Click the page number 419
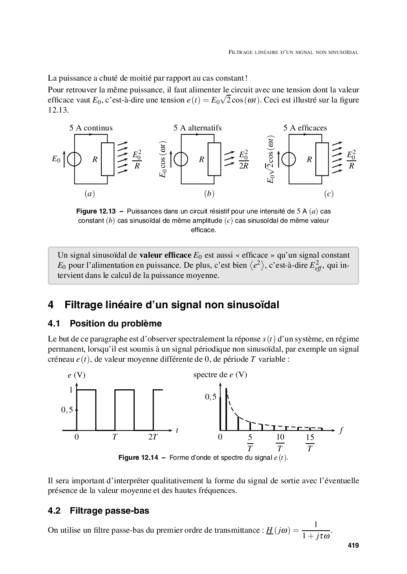(353, 545)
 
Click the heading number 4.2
(54, 511)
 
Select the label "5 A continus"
(91, 128)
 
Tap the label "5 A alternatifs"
(197, 128)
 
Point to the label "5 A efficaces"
(305, 128)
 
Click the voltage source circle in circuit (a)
(74, 159)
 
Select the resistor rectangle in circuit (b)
(214, 159)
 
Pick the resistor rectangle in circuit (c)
(322, 159)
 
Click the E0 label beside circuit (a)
(56, 159)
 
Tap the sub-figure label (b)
(209, 194)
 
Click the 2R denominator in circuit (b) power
(243, 166)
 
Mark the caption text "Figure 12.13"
(96, 211)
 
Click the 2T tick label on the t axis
(152, 437)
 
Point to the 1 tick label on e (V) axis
(71, 390)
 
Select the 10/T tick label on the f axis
(280, 442)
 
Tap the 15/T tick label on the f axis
(310, 442)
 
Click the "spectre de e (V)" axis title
(220, 375)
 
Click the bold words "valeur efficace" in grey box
(165, 255)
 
